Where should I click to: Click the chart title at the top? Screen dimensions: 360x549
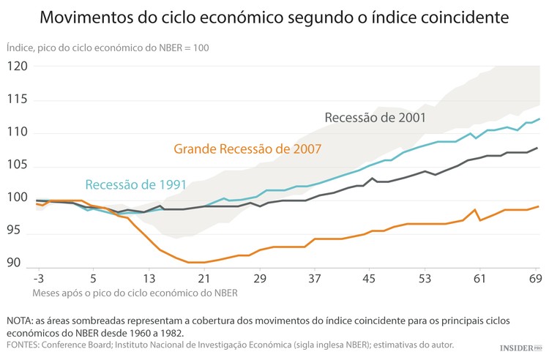click(x=274, y=16)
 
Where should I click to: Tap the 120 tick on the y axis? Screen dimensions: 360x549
click(x=18, y=66)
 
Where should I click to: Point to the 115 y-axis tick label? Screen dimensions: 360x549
click(x=18, y=100)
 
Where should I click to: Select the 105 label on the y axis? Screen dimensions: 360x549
click(x=18, y=165)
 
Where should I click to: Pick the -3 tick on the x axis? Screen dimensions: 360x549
click(x=39, y=279)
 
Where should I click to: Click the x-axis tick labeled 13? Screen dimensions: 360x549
click(x=149, y=279)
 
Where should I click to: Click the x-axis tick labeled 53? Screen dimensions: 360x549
click(x=424, y=279)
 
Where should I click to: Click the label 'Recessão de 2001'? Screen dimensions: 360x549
click(x=375, y=117)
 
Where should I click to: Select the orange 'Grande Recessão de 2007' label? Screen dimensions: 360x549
click(x=247, y=149)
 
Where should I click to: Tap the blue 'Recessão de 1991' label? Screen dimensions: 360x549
click(x=135, y=184)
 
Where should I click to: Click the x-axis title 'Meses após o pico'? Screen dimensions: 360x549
click(x=135, y=293)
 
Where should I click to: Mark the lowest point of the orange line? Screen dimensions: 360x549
click(x=196, y=262)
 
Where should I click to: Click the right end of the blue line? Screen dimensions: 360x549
click(x=539, y=119)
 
